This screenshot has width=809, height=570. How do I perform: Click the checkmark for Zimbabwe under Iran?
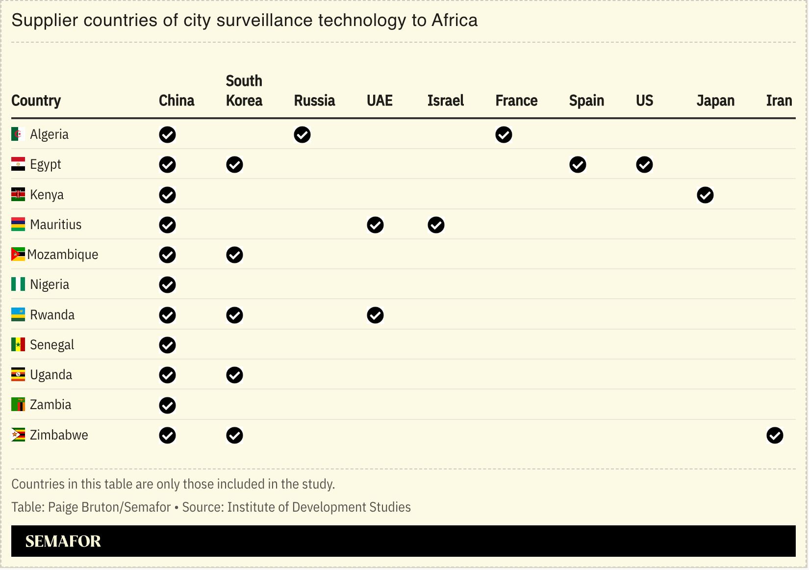click(774, 435)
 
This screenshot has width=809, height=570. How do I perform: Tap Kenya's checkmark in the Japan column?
click(705, 195)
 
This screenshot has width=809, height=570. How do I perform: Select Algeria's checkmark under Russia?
click(302, 135)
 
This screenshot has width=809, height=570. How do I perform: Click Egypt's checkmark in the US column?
click(644, 165)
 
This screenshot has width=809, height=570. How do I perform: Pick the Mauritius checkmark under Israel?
click(435, 225)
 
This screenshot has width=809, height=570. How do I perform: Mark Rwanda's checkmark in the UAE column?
click(375, 315)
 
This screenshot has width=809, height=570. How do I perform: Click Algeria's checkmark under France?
click(504, 135)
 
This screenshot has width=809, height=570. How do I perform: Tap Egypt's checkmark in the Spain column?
click(578, 165)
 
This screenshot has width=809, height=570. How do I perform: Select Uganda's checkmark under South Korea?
click(234, 375)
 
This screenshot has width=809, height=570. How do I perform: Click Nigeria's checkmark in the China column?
click(167, 285)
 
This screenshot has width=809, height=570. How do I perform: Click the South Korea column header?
click(244, 91)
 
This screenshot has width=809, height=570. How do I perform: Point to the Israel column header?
click(445, 101)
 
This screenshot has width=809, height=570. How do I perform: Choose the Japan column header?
click(715, 101)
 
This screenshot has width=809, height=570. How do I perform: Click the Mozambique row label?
click(63, 255)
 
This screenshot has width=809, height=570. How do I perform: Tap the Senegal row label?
click(52, 345)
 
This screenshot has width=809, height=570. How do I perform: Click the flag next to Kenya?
click(18, 195)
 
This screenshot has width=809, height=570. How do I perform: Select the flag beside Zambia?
click(18, 405)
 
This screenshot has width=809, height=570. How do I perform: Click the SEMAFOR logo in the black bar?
click(63, 541)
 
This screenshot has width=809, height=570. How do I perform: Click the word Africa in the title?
click(454, 21)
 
